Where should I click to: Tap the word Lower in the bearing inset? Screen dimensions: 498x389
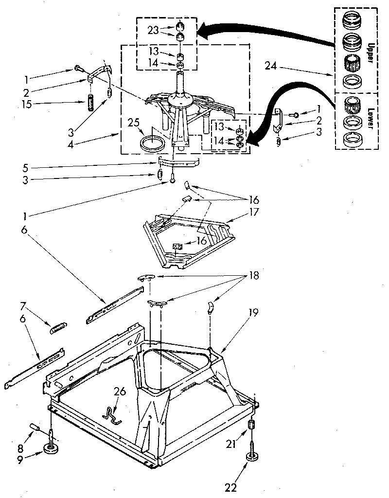pos(370,118)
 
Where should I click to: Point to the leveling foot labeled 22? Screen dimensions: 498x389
pos(253,458)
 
